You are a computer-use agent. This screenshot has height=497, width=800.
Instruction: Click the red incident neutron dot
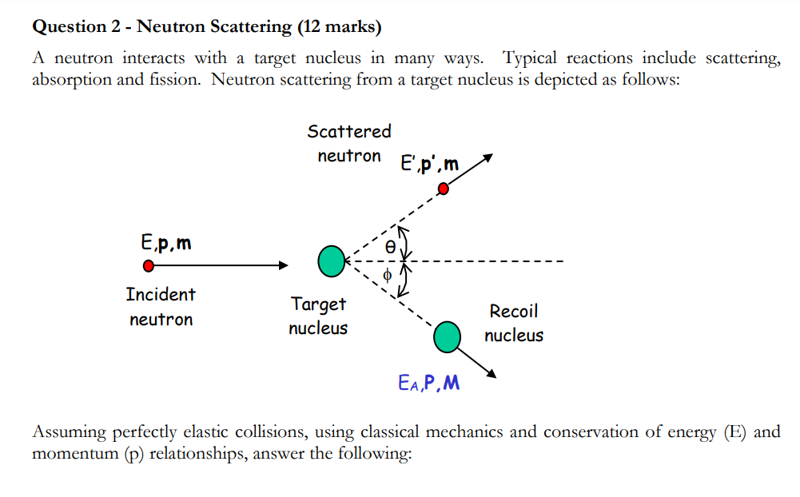pos(148,265)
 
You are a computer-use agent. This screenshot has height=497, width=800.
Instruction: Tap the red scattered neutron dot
pos(444,189)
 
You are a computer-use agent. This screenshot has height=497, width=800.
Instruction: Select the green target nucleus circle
pos(331,261)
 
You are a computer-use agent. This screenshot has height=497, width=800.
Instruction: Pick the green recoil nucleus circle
pos(447,336)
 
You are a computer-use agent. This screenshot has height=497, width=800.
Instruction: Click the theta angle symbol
pos(389,248)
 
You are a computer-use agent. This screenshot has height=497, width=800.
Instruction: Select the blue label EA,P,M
pos(428,384)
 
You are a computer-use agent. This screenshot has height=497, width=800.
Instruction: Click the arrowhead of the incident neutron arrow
pos(281,265)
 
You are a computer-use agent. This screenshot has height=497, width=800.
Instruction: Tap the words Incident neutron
pos(161,307)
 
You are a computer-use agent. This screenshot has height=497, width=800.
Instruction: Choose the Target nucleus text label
pos(318,316)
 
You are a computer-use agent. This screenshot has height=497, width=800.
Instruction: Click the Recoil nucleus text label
pos(514,323)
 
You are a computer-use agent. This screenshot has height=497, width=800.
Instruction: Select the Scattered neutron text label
pos(349,143)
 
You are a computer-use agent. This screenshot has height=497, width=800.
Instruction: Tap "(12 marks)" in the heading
pos(339,27)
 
